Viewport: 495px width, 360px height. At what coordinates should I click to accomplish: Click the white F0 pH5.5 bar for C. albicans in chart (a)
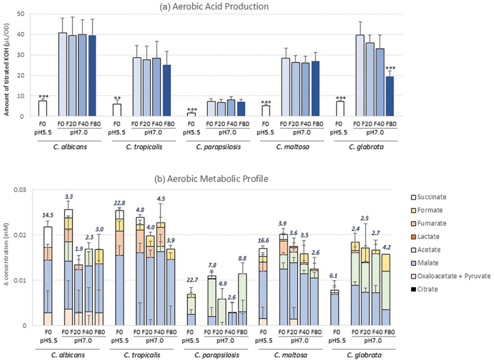[x=42, y=108]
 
